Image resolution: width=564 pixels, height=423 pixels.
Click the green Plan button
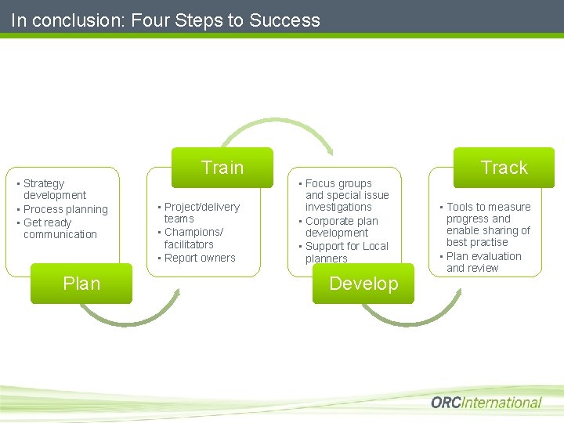[x=81, y=284]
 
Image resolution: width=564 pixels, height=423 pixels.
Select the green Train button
[x=222, y=168]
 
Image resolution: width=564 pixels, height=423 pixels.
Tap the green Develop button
[x=363, y=284]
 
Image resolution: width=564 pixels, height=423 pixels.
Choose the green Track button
[x=504, y=168]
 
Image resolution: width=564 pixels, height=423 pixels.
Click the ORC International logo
[x=486, y=403]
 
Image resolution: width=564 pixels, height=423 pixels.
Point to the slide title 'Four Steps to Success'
[x=165, y=20]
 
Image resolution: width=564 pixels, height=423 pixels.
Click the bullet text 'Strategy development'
[x=55, y=190]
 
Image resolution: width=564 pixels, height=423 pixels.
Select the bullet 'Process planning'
[x=66, y=209]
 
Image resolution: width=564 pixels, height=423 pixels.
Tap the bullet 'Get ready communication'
[x=60, y=228]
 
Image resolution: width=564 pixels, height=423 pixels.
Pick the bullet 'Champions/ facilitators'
[x=193, y=238]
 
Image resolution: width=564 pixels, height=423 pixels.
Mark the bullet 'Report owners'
[x=199, y=258]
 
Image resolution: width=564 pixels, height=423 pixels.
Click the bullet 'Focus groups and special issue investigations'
[x=346, y=195]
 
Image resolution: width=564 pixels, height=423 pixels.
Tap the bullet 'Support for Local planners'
[x=346, y=252]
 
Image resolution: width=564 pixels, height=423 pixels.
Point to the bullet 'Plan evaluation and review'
[x=483, y=262]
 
